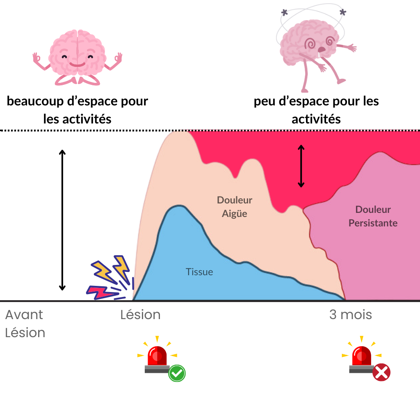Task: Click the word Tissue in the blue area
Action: tap(199, 272)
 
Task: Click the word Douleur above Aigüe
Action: tap(235, 200)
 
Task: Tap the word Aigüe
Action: tap(235, 214)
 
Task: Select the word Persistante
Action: tap(373, 223)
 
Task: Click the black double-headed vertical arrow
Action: tap(301, 166)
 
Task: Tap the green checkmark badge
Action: tap(177, 373)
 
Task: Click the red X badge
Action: tap(381, 372)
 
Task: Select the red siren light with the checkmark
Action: tap(157, 357)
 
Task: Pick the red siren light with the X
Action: tap(362, 356)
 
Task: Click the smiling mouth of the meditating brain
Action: tap(77, 64)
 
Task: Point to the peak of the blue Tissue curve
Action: tap(178, 206)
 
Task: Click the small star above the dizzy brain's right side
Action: tap(343, 12)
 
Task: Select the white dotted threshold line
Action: tap(82, 130)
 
